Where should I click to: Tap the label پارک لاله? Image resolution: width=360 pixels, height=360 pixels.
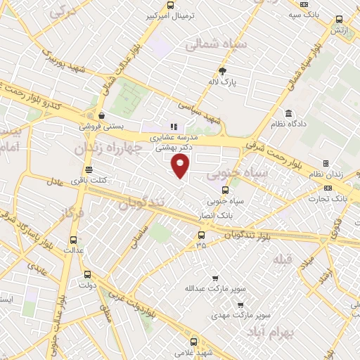click(x=224, y=82)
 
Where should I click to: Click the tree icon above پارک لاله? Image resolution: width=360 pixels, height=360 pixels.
click(x=224, y=70)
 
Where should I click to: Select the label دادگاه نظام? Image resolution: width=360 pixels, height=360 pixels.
click(x=288, y=124)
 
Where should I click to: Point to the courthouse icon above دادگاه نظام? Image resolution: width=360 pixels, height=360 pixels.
click(x=288, y=113)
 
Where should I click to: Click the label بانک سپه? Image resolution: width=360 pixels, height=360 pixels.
click(x=304, y=14)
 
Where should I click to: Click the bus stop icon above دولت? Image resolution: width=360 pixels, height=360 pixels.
click(x=87, y=274)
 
